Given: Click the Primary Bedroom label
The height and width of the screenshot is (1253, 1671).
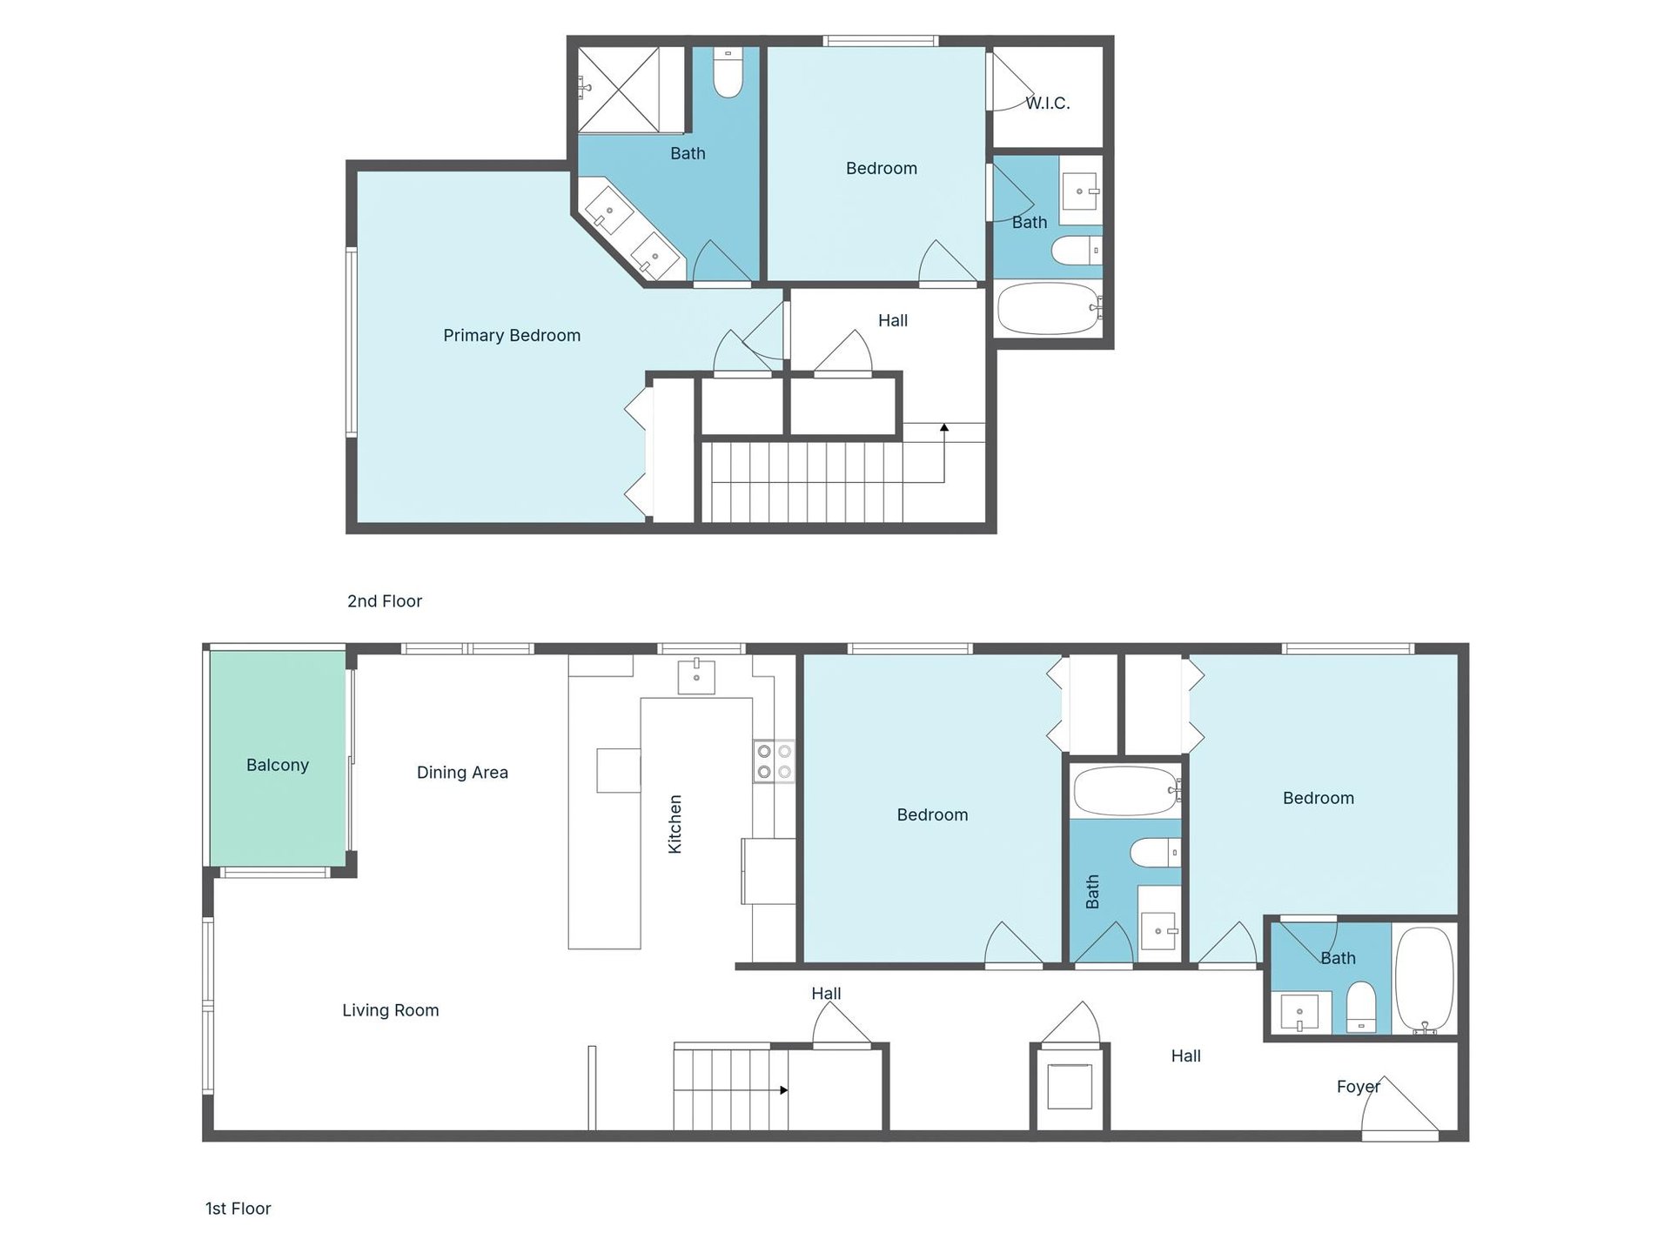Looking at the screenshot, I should [511, 335].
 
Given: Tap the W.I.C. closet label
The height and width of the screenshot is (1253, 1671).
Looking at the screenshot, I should [1047, 103].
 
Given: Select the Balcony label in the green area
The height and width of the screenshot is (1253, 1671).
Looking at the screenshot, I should [277, 765].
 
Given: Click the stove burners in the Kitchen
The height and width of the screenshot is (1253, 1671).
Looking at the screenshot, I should [774, 761].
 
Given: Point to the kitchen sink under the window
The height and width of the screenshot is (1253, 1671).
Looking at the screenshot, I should [696, 676].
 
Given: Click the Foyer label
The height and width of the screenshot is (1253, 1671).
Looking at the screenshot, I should [1358, 1086].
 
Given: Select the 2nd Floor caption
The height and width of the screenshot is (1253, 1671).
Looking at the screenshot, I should [384, 600].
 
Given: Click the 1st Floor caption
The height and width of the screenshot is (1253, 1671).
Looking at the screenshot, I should [238, 1208].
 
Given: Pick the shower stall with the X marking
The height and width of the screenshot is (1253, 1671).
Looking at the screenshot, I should [619, 89].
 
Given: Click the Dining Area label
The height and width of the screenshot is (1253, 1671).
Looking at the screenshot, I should [461, 772].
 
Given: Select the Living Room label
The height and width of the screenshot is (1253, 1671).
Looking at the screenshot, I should [390, 1009].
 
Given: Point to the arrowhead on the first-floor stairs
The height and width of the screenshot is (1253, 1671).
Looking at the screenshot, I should [784, 1089].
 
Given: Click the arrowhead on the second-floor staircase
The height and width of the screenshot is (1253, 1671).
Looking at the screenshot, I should [944, 427].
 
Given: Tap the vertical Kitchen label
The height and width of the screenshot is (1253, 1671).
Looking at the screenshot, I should [674, 823].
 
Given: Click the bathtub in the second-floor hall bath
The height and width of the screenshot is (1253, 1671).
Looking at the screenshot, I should [1048, 308].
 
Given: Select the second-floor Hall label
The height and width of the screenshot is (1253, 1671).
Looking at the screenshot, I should [892, 320].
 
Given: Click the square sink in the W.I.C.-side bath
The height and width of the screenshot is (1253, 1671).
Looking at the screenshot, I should [1081, 191].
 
